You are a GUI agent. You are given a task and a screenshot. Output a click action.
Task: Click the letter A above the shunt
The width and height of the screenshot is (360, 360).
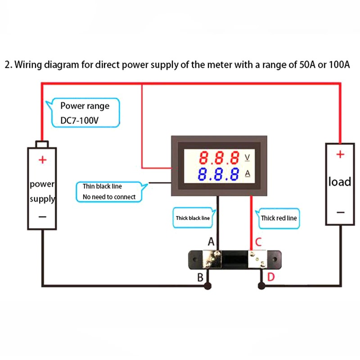tap(211, 242)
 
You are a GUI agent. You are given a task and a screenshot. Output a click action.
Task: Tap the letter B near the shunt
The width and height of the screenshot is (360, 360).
tap(201, 277)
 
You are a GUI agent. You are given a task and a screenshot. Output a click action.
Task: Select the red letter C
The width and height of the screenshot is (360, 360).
tap(258, 242)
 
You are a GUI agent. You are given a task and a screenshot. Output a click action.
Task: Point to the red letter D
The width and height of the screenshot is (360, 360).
tap(271, 277)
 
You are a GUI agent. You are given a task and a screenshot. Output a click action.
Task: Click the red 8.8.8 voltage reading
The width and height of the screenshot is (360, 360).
tap(219, 158)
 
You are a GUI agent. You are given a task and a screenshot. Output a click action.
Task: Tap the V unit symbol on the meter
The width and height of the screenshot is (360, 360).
tap(247, 157)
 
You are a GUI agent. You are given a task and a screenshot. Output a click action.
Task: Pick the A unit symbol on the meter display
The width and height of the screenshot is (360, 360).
tap(247, 173)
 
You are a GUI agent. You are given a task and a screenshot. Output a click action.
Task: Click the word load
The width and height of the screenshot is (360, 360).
tap(340, 182)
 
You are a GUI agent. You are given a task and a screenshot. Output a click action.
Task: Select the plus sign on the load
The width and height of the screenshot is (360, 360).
tap(340, 155)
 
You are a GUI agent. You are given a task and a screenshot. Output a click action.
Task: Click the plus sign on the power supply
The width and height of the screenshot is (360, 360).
tap(42, 160)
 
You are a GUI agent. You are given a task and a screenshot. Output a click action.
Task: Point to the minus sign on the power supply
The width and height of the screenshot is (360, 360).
tap(42, 216)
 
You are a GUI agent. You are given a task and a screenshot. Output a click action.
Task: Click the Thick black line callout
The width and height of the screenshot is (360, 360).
tap(193, 218)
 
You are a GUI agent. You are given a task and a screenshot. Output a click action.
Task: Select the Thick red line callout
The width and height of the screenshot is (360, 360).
tap(279, 218)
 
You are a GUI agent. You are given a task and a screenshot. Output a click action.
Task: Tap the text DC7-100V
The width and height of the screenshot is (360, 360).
tap(80, 120)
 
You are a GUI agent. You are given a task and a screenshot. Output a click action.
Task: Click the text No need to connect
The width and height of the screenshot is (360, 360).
tap(109, 197)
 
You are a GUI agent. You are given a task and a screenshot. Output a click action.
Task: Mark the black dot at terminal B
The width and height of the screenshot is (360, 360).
tap(207, 286)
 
